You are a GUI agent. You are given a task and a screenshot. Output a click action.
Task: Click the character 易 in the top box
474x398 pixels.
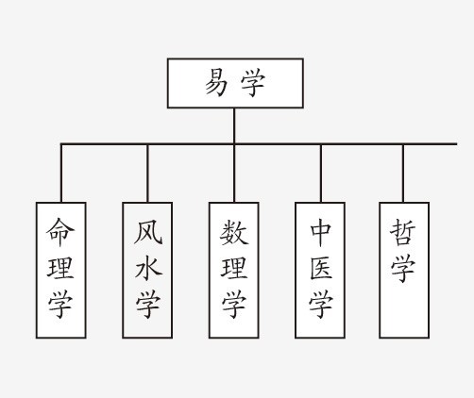(218, 83)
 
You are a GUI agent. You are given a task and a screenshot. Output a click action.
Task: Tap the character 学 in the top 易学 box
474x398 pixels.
(253, 83)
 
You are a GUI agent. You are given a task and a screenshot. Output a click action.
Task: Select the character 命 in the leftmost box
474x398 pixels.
(61, 231)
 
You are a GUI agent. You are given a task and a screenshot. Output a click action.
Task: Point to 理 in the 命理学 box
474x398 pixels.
(61, 268)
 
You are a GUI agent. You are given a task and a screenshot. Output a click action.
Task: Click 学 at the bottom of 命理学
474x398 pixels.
(61, 305)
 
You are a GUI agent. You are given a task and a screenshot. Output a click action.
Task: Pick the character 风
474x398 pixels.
(147, 231)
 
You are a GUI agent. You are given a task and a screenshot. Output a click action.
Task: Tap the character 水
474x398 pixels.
(147, 268)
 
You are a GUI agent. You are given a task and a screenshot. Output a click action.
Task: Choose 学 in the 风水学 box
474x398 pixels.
(147, 305)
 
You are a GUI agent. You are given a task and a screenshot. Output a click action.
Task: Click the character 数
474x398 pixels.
(234, 231)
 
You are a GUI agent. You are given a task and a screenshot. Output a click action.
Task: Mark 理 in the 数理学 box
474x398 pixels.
(234, 268)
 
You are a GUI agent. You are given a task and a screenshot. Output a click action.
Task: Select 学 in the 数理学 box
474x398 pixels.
(234, 305)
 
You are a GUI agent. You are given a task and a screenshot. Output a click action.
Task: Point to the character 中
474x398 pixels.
(320, 231)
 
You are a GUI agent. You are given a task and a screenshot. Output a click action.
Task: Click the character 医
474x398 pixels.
(320, 268)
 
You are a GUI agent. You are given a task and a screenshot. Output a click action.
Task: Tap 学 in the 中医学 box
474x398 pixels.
(320, 305)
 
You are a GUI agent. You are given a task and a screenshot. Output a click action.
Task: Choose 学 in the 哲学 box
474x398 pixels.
(403, 269)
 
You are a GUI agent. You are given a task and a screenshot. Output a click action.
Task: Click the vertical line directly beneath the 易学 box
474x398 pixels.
(234, 125)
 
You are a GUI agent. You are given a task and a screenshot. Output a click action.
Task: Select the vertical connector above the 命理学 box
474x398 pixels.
(61, 174)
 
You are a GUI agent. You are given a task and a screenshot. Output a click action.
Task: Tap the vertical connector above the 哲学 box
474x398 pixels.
(403, 174)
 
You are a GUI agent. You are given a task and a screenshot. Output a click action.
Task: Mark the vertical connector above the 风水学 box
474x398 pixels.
(147, 174)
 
